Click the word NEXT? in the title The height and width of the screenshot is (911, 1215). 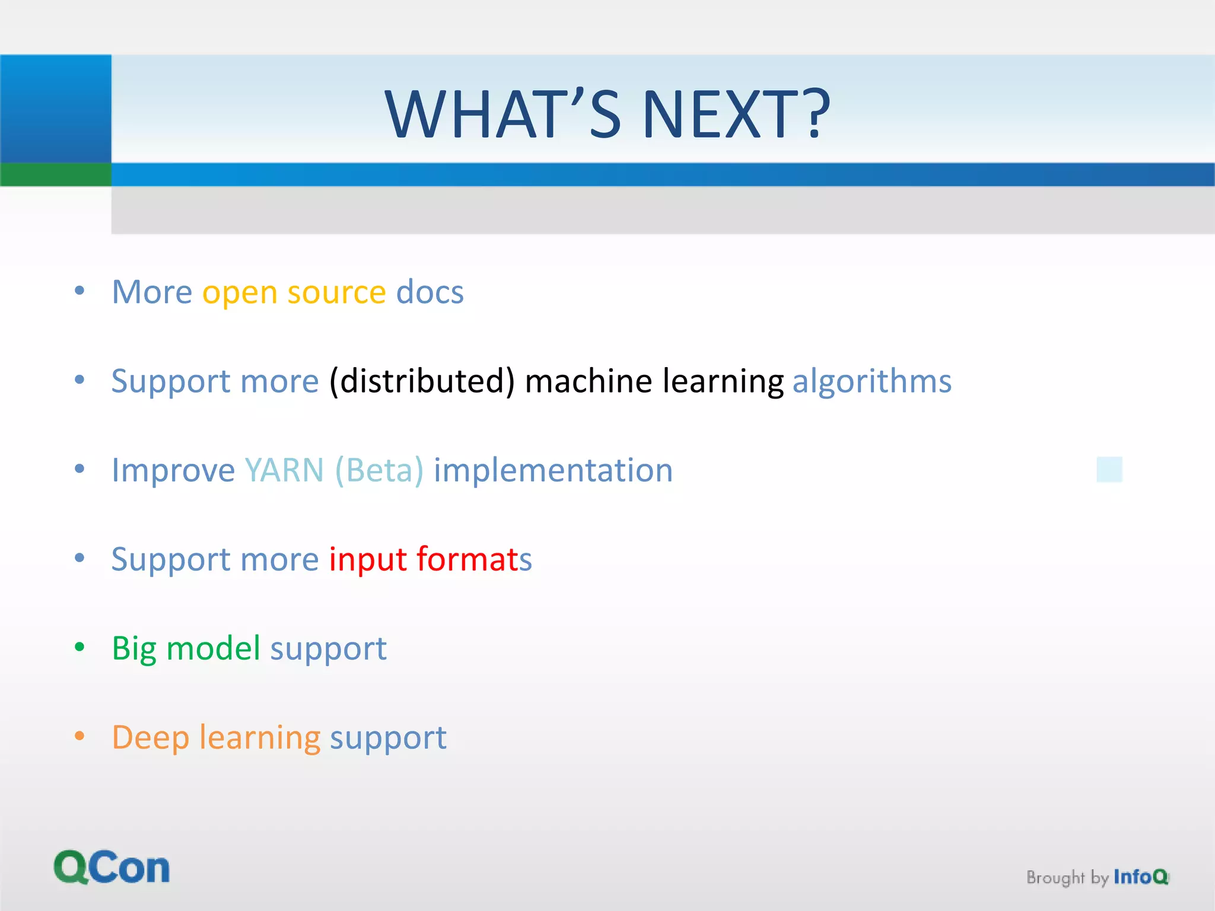tap(736, 114)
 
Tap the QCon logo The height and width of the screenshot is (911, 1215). tap(112, 868)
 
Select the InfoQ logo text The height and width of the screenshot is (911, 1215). tap(1140, 876)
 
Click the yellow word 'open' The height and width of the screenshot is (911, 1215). tap(240, 293)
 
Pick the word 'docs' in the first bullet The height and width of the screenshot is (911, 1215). tap(430, 292)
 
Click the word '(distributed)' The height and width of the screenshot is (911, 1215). tap(422, 381)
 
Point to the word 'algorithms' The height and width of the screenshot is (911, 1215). tap(872, 381)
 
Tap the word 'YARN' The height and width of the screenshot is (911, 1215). tap(284, 470)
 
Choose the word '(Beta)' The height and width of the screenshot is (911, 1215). tap(379, 470)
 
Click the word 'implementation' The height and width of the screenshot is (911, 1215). tap(553, 470)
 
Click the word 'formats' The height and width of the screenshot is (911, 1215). tap(473, 559)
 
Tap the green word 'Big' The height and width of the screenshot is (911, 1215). tap(134, 649)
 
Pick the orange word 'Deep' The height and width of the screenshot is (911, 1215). tap(150, 738)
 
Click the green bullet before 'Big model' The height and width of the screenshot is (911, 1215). tap(79, 647)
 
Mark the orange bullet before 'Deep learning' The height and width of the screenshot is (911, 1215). tap(79, 736)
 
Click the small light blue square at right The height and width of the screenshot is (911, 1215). tap(1109, 469)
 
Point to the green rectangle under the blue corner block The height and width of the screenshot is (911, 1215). tap(55, 174)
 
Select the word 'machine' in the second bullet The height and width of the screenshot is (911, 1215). tap(589, 381)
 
